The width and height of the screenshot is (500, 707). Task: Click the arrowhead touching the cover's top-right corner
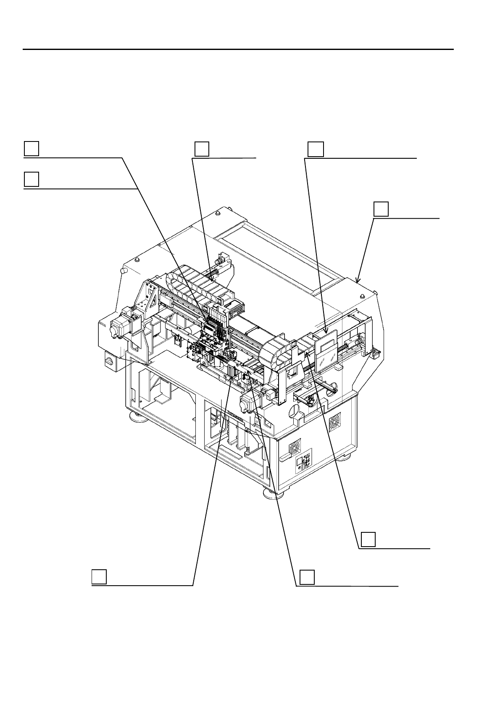click(x=357, y=281)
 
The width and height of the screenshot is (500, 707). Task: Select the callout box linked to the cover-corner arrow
click(x=381, y=209)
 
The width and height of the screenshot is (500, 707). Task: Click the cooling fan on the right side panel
click(x=335, y=420)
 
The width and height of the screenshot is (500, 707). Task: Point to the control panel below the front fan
click(x=303, y=464)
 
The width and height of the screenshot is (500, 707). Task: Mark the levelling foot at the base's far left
click(x=136, y=417)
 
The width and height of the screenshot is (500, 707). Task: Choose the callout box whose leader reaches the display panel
click(x=316, y=149)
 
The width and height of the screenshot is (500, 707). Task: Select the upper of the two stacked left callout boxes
click(x=31, y=149)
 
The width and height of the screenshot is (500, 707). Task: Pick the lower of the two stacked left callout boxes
click(x=31, y=179)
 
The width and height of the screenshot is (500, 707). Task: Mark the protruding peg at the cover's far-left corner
click(x=123, y=271)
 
